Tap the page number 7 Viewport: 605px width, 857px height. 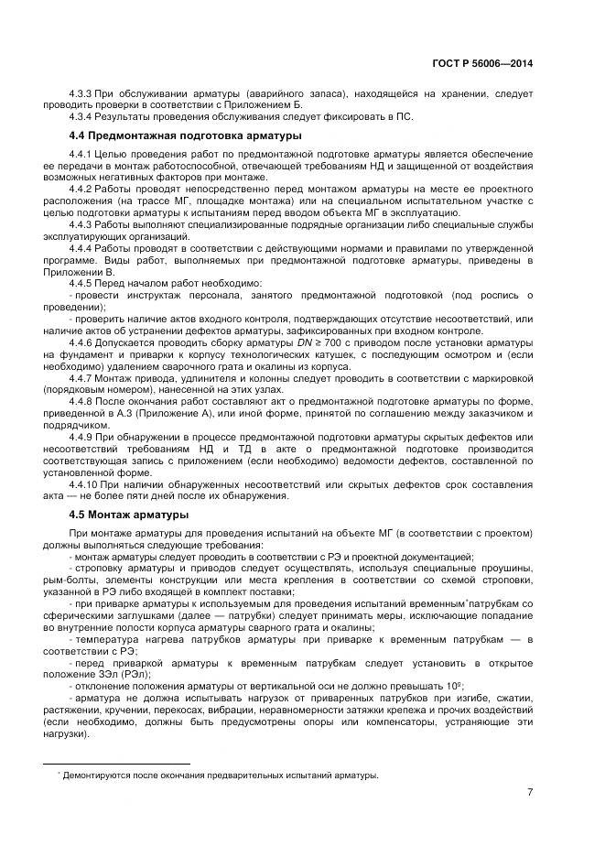tap(530, 794)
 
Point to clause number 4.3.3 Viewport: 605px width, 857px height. tap(81, 94)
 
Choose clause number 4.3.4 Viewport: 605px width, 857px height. tap(81, 116)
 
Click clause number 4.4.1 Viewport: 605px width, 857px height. tap(81, 154)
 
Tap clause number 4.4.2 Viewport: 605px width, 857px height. tap(81, 187)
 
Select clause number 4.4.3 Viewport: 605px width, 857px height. tap(81, 224)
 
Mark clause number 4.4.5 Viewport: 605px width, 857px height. tap(81, 283)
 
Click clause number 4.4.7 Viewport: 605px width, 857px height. tap(81, 378)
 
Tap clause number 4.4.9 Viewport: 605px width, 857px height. tap(81, 437)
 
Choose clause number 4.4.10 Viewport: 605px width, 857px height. tap(83, 484)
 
